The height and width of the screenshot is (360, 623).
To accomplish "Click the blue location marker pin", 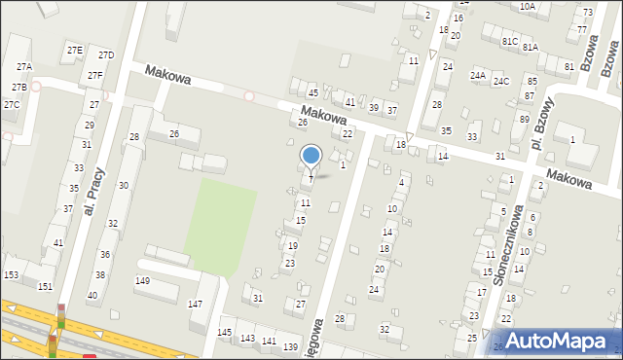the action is tap(311, 157).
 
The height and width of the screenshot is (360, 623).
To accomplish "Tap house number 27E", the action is tap(74, 50).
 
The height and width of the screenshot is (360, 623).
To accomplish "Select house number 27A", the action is tap(23, 66).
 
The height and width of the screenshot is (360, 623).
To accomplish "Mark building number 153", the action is tap(11, 275).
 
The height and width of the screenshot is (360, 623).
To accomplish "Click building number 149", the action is tap(142, 280).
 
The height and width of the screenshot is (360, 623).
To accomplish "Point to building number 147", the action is tap(195, 305).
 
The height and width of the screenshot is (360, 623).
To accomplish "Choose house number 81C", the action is tap(509, 42).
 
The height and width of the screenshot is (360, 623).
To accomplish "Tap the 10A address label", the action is tap(527, 7).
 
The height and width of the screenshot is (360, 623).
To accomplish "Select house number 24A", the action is tap(477, 75).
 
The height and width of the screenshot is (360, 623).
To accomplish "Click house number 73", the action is tap(587, 12).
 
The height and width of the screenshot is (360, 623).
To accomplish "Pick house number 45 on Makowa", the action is tap(312, 91).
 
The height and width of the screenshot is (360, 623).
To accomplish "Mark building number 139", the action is tap(289, 346).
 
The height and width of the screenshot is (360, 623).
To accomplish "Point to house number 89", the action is tap(524, 120).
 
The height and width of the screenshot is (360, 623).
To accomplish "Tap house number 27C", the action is tap(11, 104).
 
